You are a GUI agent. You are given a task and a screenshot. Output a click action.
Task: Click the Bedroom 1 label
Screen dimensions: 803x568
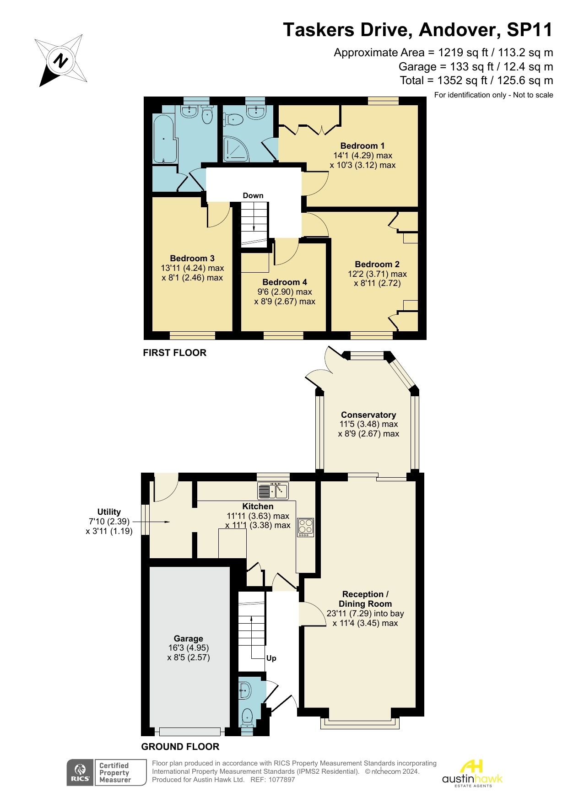[x=362, y=146]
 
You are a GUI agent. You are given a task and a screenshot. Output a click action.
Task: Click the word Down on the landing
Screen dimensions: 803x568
[x=253, y=195]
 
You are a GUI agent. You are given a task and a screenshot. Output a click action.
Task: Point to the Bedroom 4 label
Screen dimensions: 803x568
[x=285, y=282]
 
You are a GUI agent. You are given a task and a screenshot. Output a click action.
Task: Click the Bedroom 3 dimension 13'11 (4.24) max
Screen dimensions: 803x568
[x=192, y=268]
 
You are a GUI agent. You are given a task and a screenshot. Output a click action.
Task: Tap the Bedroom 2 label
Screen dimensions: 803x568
[x=377, y=264]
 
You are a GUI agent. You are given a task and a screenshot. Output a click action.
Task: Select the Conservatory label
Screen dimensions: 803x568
[x=368, y=415]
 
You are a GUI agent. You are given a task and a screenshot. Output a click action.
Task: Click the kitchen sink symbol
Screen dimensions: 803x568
[x=273, y=491]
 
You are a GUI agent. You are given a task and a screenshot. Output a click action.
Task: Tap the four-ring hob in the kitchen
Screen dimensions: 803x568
[x=306, y=527]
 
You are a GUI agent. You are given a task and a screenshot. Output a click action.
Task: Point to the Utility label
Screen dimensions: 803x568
[x=109, y=512]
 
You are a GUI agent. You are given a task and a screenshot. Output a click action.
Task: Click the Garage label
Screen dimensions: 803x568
[x=188, y=638]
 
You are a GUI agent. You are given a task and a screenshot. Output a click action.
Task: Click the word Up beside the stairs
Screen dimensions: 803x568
[x=271, y=658]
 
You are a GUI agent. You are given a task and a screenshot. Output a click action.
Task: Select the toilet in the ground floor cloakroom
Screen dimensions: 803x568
[x=247, y=717]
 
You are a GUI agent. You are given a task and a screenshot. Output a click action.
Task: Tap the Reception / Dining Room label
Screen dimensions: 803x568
[x=365, y=599]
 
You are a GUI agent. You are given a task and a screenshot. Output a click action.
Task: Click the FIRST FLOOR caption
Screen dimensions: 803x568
[x=174, y=353]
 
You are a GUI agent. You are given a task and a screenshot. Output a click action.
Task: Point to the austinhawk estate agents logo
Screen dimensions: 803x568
[x=472, y=774]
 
